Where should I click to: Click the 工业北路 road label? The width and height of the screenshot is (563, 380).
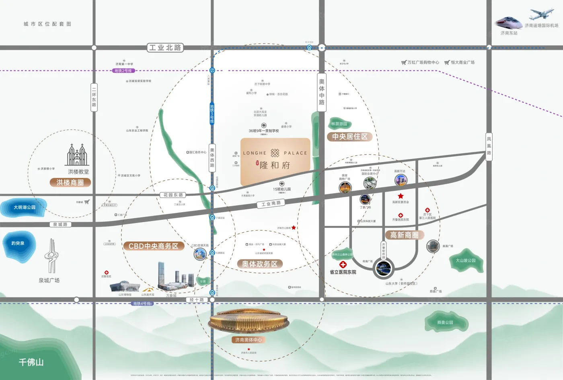[x=165, y=47]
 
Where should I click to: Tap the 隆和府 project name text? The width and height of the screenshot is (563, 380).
[x=275, y=165]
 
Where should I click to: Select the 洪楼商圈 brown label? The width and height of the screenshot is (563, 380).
[x=70, y=182]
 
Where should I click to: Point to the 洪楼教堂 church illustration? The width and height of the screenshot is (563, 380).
[x=77, y=155]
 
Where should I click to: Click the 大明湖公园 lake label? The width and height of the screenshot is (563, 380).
[x=25, y=207]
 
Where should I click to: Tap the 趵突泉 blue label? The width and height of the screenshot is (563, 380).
[x=18, y=243]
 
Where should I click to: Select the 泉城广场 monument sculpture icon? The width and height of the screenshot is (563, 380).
[x=51, y=256]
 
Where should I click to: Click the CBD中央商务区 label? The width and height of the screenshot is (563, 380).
[x=153, y=246]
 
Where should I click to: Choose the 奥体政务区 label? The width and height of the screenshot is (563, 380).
[x=260, y=264]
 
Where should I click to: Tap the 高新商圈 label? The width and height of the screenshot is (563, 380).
[x=404, y=235]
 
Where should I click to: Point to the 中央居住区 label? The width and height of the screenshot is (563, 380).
[x=349, y=136]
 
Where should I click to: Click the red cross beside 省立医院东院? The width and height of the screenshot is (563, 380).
[x=343, y=264]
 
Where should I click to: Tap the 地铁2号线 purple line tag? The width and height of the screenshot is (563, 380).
[x=123, y=70]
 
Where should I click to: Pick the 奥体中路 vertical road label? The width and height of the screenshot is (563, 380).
[x=322, y=92]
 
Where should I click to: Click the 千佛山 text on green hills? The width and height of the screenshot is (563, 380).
[x=31, y=362]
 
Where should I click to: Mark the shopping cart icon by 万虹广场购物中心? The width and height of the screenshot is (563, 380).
[x=404, y=62]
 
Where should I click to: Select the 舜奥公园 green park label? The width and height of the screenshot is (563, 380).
[x=445, y=322]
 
